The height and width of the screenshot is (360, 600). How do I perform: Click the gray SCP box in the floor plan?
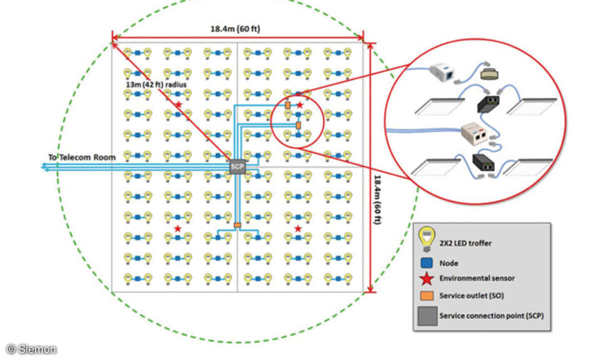[x=237, y=167]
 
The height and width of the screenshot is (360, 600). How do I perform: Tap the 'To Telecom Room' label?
[x=81, y=157]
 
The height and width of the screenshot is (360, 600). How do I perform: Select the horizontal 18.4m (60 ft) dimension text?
[x=235, y=29]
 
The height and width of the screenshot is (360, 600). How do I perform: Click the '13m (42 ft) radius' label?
[x=156, y=85]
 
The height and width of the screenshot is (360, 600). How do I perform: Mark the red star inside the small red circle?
[x=300, y=105]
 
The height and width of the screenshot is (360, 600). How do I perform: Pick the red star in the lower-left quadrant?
[x=177, y=228]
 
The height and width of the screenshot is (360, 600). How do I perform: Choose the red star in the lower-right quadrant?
[x=298, y=228]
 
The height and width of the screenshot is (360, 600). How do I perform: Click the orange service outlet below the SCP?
[x=237, y=225]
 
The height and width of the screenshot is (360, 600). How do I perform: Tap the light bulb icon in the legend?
[x=426, y=239]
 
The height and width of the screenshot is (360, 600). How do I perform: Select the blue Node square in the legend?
[x=426, y=262]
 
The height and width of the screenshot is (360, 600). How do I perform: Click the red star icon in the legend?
[x=426, y=278]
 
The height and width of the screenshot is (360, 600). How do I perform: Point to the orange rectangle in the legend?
[x=426, y=295]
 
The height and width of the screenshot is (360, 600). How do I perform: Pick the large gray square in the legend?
[x=426, y=316]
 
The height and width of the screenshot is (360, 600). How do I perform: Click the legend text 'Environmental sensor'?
[x=476, y=278]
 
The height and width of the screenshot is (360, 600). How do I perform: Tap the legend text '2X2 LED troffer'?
[x=465, y=243]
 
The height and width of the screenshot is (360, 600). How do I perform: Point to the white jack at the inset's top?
[x=443, y=73]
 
